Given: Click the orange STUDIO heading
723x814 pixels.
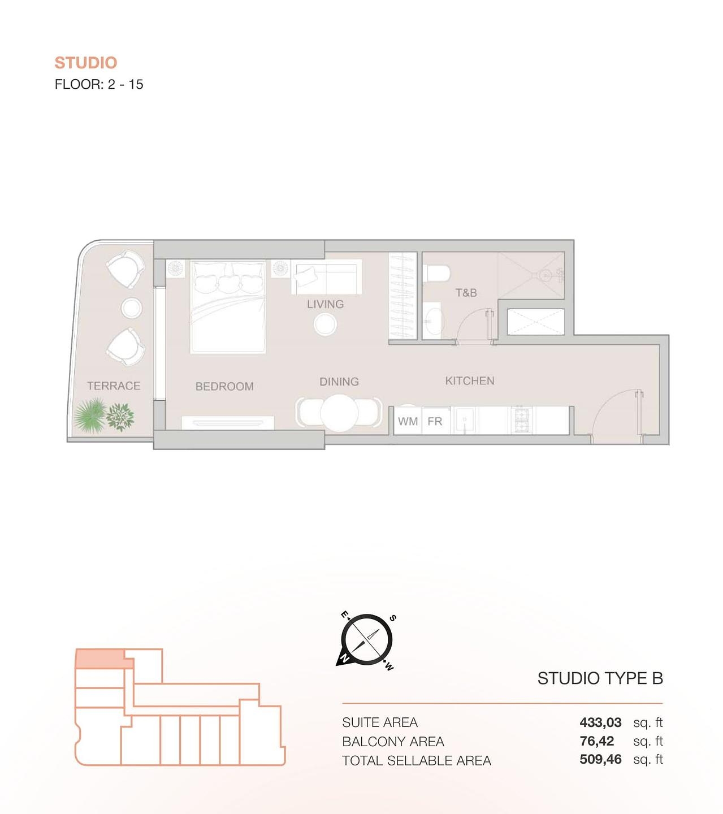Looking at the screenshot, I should coord(86,63).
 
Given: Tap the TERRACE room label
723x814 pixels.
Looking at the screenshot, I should coord(114,386).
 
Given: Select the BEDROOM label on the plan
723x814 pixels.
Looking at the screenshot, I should coord(224,387).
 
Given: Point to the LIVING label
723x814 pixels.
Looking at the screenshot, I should coord(325,304).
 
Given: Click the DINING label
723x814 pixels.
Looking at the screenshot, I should coord(339,382).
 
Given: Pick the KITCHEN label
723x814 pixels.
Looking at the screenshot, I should coord(470,381).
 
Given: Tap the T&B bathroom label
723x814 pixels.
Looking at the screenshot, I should coord(466,293).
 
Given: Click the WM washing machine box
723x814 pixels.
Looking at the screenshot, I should coord(408,421).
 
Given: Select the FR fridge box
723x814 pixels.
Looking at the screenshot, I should coord(435,421).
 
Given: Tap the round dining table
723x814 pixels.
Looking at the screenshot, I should coord(339,413).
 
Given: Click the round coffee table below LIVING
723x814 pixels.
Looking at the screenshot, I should coord(326,324).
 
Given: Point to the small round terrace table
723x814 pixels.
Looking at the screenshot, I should coord(132,308).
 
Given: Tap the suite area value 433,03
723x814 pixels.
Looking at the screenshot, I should coord(600,722).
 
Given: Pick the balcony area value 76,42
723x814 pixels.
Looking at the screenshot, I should coord(596,741).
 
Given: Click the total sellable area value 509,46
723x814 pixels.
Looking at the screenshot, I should coord(600,760).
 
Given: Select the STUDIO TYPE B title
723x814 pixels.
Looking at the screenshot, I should coord(600,678).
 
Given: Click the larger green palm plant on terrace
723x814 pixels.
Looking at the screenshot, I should coord(90,415).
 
